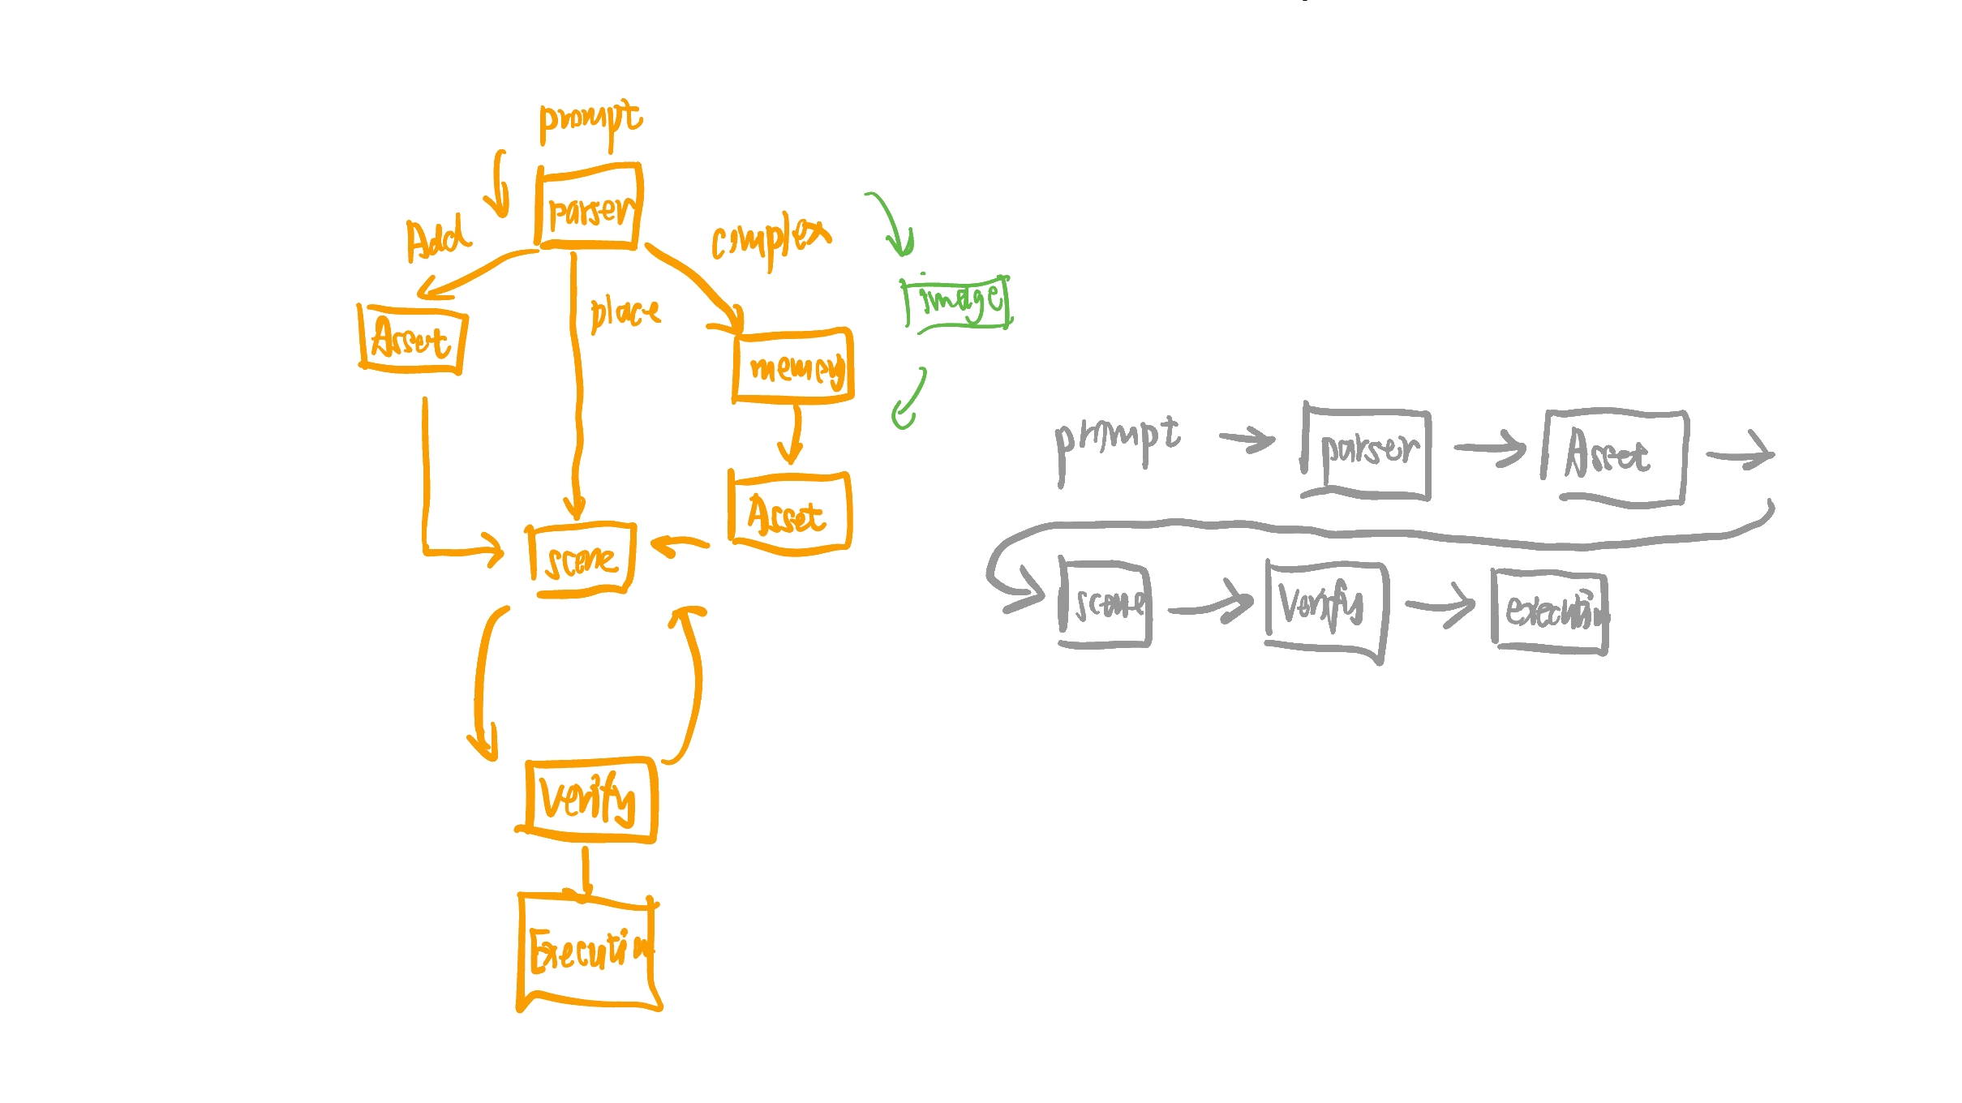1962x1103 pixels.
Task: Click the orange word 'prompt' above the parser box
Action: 590,122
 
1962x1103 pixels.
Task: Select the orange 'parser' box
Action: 589,208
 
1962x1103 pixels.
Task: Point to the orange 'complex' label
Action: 771,238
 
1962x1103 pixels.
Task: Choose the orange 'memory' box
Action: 793,367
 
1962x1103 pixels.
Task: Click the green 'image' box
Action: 958,303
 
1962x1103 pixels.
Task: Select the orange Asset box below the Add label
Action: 412,339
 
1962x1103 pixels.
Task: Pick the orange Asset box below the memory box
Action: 789,513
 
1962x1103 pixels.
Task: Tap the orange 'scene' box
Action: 582,560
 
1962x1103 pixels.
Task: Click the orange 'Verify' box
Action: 590,798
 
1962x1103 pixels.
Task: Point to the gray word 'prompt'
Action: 1117,442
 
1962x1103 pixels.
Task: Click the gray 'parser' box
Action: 1367,453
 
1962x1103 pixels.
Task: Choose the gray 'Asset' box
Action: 1614,457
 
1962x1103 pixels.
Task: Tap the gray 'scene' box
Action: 1106,604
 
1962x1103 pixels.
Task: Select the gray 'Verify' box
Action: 1325,608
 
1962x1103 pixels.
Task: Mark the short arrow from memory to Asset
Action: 792,435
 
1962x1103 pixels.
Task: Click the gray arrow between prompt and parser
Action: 1247,440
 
